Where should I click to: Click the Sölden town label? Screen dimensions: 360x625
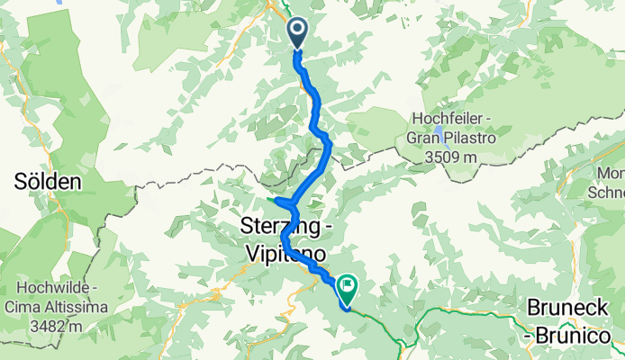pos(47,181)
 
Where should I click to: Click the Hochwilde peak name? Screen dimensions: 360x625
pos(50,289)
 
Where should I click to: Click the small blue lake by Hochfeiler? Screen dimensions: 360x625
pos(439,132)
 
